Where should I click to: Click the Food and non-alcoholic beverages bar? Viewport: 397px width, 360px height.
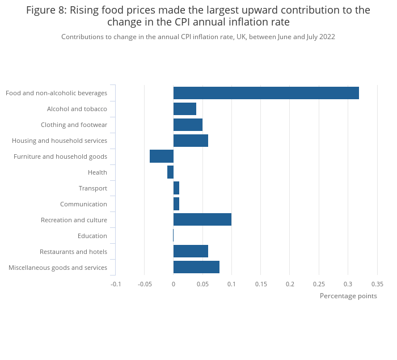266,93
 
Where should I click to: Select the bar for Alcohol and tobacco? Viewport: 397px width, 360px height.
185,109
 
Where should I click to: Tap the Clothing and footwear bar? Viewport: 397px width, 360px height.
188,125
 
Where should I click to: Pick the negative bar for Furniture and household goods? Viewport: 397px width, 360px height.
162,156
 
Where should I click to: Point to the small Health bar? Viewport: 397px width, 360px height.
170,172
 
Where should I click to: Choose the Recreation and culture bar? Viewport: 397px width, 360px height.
202,220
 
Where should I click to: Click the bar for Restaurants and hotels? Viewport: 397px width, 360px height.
191,252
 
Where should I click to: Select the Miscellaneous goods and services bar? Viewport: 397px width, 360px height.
196,268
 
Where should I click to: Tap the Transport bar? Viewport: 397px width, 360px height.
176,188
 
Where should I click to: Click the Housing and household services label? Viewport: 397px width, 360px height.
60,141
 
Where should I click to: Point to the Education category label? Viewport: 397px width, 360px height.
92,236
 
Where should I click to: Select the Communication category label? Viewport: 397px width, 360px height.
83,204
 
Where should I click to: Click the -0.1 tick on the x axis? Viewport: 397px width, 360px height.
116,284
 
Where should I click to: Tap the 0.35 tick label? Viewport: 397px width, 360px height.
377,284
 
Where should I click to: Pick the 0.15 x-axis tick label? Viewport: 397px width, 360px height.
261,284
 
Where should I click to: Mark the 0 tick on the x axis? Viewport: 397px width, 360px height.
174,284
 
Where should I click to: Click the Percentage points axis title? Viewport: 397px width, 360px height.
348,296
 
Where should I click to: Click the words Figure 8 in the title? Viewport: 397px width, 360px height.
45,10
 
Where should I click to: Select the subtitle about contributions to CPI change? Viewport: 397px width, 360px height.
198,37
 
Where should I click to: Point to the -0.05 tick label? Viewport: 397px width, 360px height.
144,284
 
